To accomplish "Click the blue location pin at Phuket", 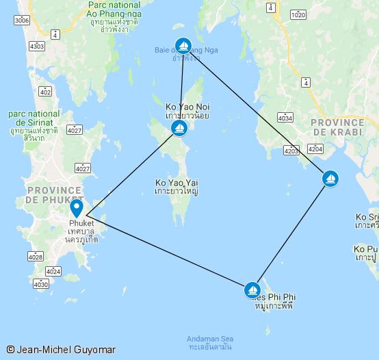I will [x=77, y=207].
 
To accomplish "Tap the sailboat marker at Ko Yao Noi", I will [x=179, y=128].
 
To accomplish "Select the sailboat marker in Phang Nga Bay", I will [x=183, y=47].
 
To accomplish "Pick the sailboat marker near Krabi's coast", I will [x=330, y=179].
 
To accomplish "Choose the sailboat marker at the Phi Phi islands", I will [x=252, y=290].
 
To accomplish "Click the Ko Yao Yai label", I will [x=177, y=183].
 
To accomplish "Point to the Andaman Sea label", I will [x=210, y=339].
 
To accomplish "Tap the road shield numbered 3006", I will [x=21, y=21].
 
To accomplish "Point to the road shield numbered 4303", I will [x=37, y=47].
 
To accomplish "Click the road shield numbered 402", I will [x=46, y=91].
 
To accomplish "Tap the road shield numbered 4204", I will [x=315, y=149].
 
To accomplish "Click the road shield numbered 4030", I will [x=41, y=283].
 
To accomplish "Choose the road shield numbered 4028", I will [x=35, y=257].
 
